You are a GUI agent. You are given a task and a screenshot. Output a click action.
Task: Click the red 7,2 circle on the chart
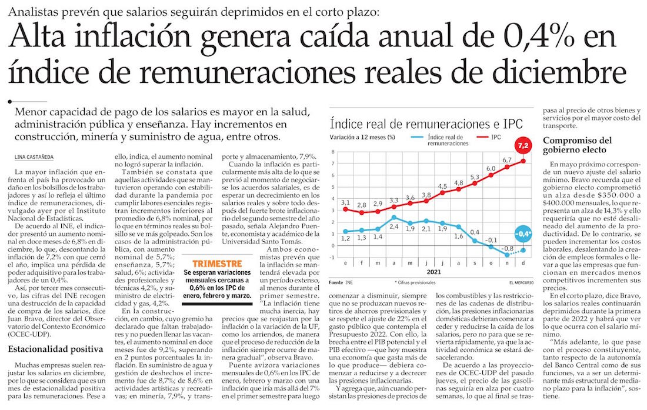click(x=523, y=145)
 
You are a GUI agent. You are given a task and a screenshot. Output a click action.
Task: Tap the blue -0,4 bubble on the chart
click(x=523, y=234)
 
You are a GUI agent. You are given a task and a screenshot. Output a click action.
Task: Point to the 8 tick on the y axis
click(x=333, y=151)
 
